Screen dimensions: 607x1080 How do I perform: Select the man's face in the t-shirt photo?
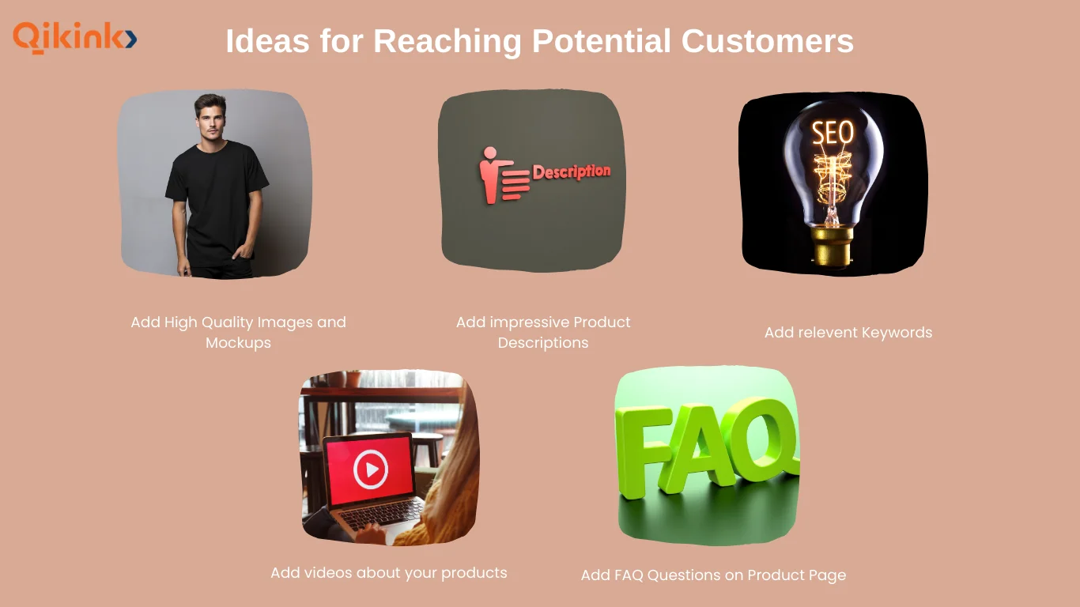211,119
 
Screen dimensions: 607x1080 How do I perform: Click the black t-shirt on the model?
217,198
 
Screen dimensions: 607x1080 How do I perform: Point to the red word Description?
571,172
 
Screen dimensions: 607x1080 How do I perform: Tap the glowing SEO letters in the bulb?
833,133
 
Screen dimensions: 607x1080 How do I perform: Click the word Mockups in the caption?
238,343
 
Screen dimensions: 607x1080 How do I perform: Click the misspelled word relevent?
823,333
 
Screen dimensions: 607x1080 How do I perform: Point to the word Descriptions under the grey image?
543,343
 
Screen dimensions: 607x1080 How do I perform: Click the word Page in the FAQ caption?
826,575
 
